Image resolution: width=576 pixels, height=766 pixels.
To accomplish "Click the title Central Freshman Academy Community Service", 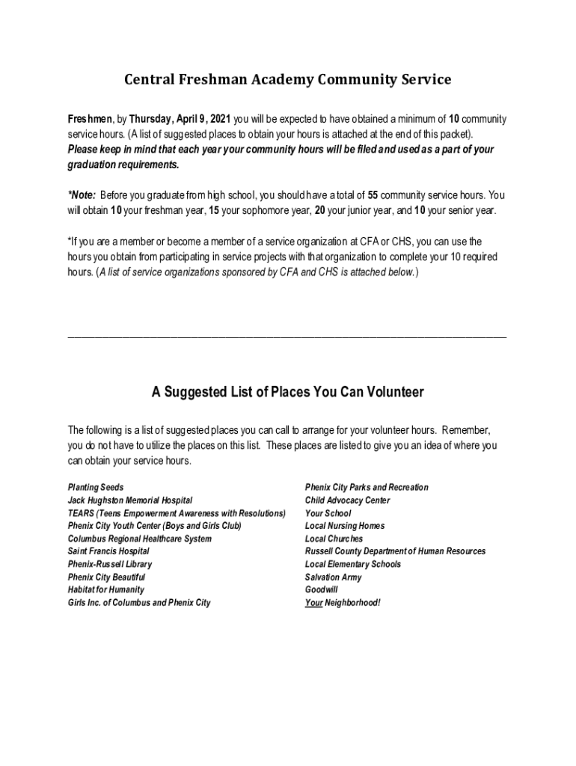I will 287,79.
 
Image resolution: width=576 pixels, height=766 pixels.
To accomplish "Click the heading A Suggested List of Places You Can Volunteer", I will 287,392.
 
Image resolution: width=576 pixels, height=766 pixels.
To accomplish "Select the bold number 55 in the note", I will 373,196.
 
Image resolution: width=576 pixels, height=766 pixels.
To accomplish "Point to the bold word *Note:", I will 82,196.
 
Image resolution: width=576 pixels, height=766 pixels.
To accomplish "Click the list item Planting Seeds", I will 96,488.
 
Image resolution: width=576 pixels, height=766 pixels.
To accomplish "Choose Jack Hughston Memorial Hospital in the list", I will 130,500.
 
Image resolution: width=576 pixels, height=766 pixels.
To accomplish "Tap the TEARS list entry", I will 177,513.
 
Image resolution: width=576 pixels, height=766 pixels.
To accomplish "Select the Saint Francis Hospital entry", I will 108,551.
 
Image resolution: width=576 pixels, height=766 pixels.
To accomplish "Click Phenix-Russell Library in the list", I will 110,564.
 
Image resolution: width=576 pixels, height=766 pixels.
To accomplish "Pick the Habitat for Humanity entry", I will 106,590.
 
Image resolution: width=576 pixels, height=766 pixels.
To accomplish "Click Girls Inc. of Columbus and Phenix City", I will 139,603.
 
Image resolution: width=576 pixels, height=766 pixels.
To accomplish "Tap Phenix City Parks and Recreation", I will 367,488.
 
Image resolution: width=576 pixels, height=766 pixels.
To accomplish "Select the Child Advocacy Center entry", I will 347,500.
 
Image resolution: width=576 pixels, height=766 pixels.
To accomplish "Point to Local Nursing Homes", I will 345,526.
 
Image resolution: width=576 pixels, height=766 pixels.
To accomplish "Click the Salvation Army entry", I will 333,577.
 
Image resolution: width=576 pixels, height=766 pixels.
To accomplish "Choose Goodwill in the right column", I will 322,590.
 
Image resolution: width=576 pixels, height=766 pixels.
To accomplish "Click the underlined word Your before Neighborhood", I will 313,603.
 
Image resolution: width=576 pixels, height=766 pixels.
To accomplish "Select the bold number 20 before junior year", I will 319,211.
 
